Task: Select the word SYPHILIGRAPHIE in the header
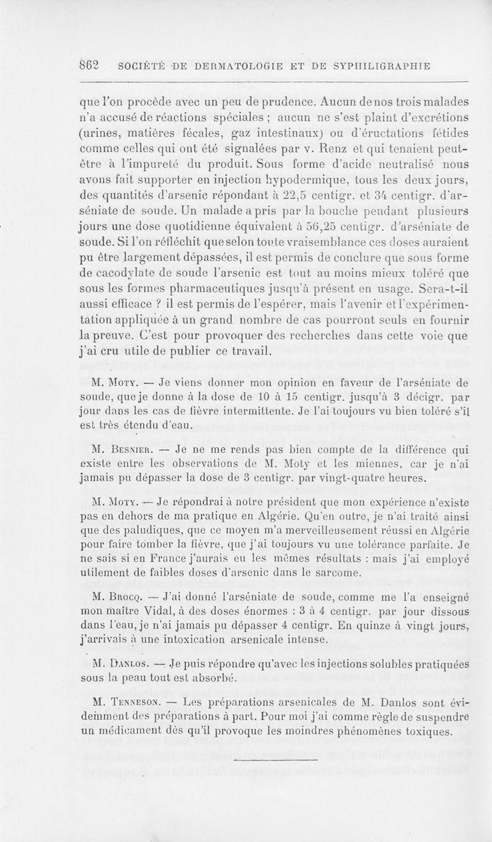(x=370, y=65)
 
